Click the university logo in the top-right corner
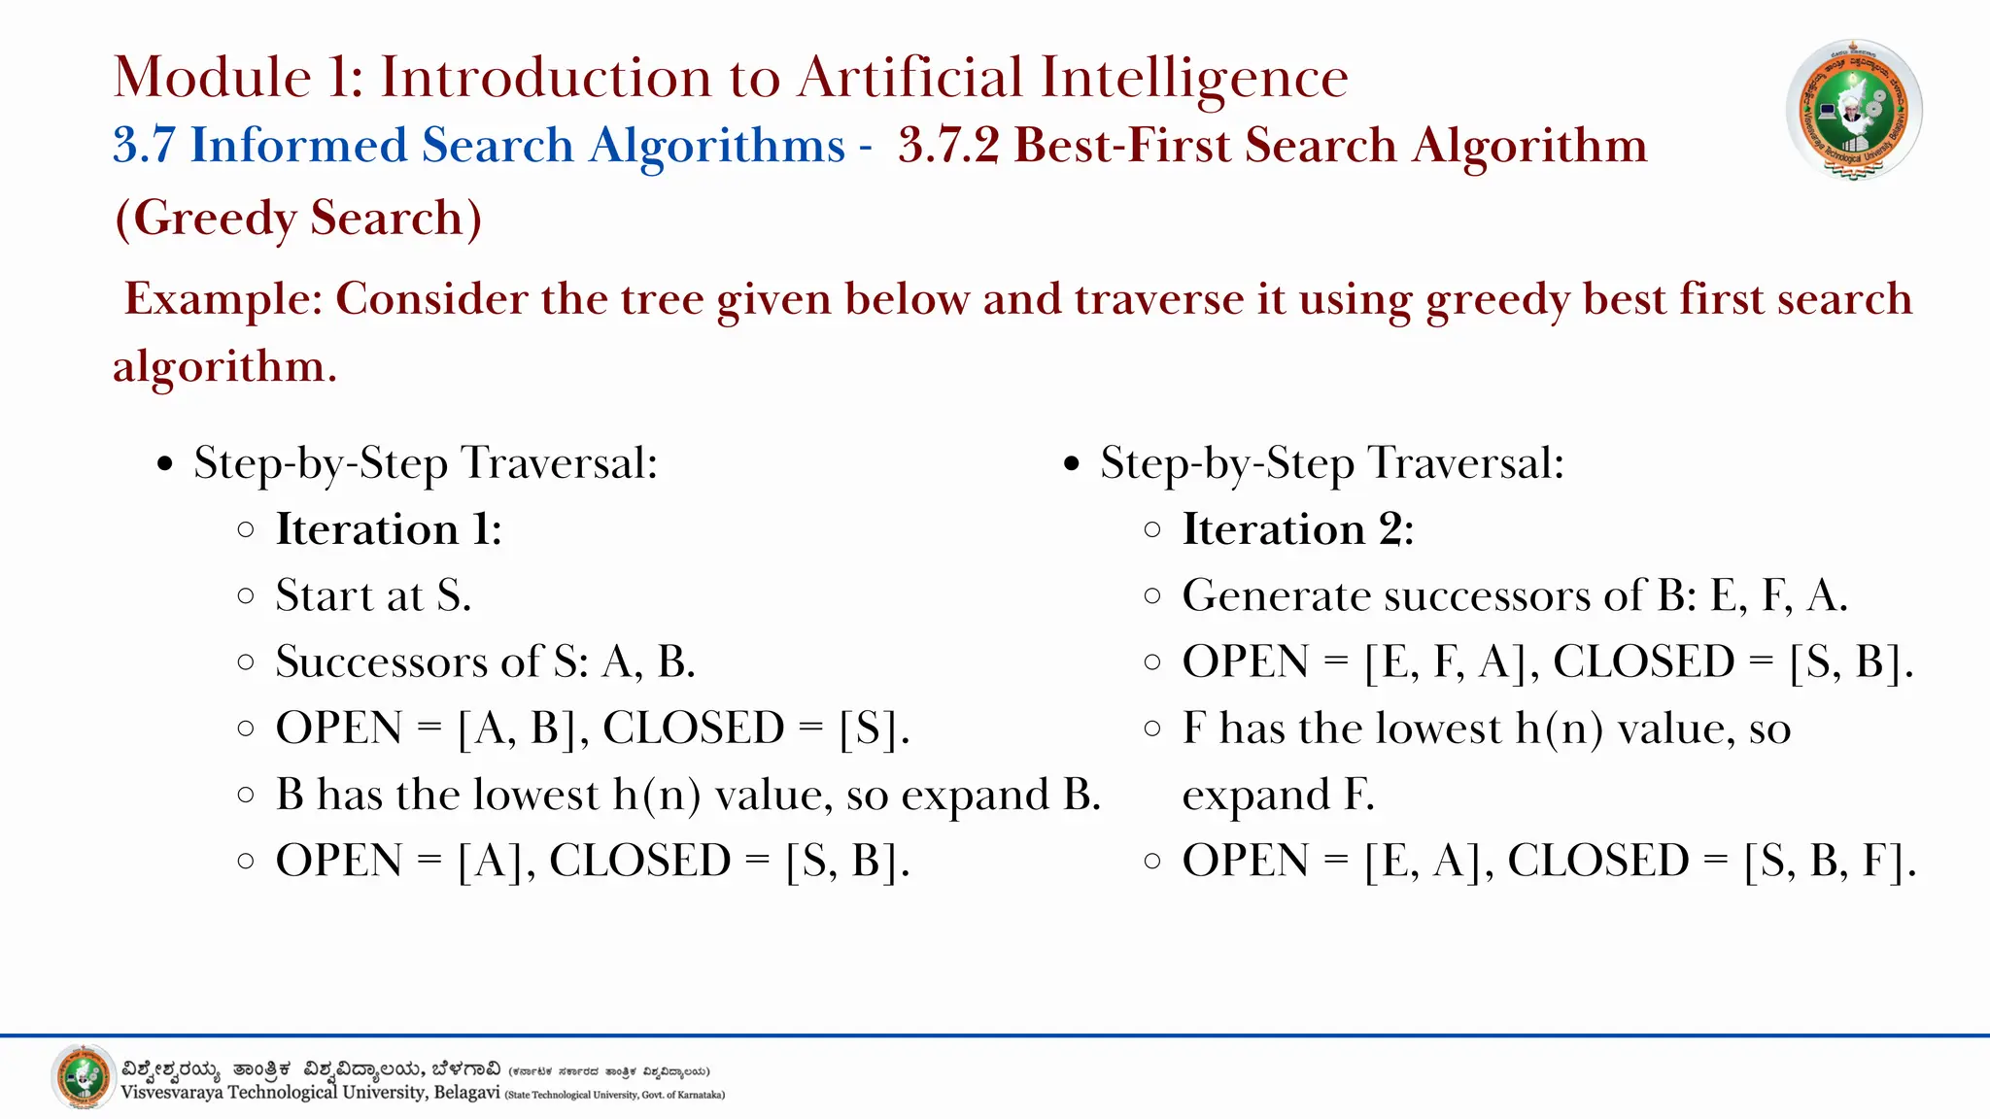(1854, 110)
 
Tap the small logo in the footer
(84, 1077)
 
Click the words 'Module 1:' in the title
(238, 77)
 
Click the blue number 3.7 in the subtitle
(144, 146)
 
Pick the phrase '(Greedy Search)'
(298, 218)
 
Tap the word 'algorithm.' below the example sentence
(224, 366)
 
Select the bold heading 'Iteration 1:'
(389, 529)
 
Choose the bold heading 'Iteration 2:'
(1297, 529)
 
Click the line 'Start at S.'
(373, 595)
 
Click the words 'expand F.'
(1278, 796)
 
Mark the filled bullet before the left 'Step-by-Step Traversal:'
(165, 464)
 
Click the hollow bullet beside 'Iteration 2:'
(1152, 530)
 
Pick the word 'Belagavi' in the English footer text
(466, 1093)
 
